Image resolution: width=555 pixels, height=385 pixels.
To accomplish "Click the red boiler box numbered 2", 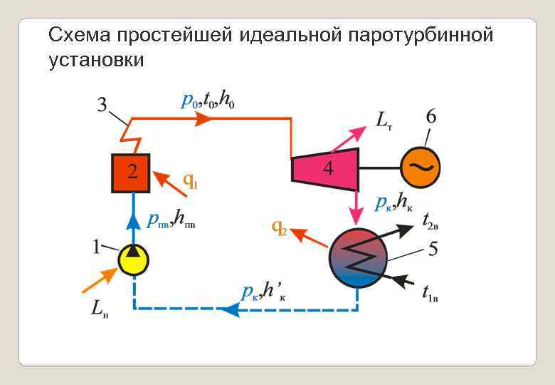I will (130, 173).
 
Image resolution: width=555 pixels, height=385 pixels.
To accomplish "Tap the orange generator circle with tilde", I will (420, 168).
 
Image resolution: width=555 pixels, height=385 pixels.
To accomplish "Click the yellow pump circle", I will (133, 260).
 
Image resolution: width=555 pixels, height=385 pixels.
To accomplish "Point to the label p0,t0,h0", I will (208, 101).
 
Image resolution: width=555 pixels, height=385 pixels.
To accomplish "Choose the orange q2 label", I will (279, 227).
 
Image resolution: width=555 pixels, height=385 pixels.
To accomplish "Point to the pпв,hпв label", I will (171, 220).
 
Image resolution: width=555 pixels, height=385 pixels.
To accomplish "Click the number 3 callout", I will (102, 106).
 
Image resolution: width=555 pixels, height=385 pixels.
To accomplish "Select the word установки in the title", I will (96, 59).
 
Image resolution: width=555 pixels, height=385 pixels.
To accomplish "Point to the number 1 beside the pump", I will (96, 247).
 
